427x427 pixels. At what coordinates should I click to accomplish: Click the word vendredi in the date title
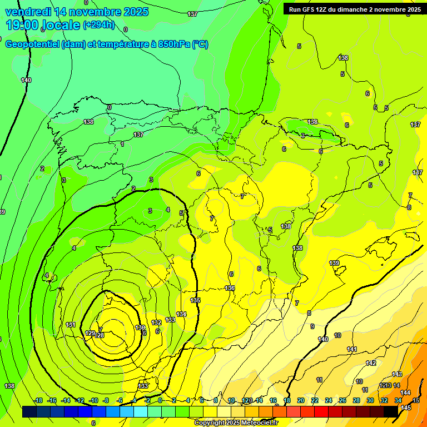(28, 11)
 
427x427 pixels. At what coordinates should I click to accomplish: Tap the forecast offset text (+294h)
(98, 24)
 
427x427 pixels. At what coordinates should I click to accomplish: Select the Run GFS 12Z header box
(354, 9)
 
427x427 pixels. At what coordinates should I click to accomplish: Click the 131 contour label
(70, 325)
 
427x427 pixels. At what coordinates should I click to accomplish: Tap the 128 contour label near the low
(100, 335)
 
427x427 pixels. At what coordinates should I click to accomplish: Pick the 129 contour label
(91, 333)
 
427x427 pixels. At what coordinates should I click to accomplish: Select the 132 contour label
(156, 322)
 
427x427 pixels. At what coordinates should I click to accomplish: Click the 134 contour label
(181, 314)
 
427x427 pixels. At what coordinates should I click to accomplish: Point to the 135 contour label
(195, 300)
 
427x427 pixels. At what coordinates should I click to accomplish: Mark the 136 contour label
(230, 288)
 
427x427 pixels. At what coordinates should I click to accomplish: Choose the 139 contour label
(334, 263)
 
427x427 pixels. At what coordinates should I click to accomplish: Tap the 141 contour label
(351, 349)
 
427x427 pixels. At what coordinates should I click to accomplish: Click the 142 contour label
(371, 363)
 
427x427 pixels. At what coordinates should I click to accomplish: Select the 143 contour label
(397, 374)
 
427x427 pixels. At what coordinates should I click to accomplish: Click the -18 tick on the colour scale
(38, 401)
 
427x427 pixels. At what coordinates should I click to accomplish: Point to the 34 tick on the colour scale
(398, 401)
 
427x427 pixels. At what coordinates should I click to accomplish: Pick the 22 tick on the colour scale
(315, 401)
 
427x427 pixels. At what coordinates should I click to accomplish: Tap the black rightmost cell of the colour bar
(391, 411)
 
